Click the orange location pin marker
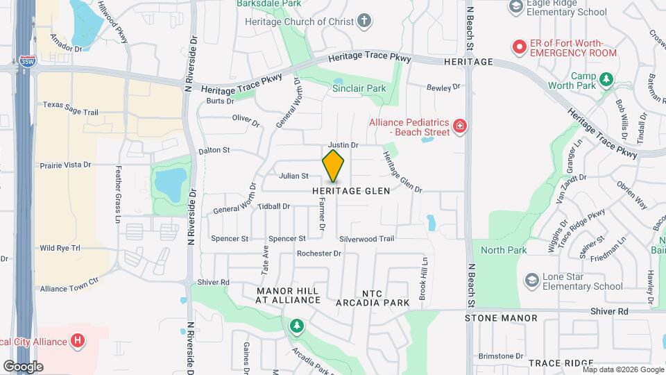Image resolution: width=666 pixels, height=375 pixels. click(x=333, y=165)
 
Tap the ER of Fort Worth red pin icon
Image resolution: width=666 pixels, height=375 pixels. click(x=519, y=47)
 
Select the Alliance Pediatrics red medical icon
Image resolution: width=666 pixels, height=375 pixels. click(x=459, y=126)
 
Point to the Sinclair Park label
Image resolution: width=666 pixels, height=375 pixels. click(x=359, y=89)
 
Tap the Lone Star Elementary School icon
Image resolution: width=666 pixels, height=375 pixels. click(x=532, y=281)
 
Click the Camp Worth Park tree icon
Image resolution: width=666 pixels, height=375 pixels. click(x=606, y=80)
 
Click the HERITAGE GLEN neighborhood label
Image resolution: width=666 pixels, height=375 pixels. click(x=352, y=191)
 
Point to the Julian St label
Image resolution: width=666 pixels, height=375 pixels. click(x=293, y=176)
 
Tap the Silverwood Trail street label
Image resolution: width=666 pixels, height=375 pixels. click(x=366, y=239)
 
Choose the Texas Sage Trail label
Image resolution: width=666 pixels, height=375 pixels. click(x=71, y=105)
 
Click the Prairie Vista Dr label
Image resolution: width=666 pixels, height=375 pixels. click(x=66, y=165)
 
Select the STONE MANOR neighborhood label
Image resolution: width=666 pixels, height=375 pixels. click(x=501, y=318)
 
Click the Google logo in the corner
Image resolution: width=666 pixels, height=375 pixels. click(x=23, y=366)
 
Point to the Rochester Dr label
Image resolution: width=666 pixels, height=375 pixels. click(x=319, y=253)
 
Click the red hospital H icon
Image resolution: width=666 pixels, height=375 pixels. click(x=78, y=341)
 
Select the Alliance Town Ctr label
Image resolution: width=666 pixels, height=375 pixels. click(x=69, y=289)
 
